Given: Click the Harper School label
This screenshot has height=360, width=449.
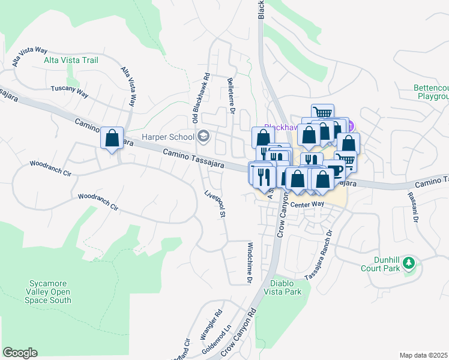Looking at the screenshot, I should coord(167,136).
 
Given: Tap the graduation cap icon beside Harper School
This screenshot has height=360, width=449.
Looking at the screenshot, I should coord(204,136).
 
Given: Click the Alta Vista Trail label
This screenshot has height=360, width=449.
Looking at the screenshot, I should coord(71,60).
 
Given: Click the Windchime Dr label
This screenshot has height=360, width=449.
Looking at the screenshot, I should coord(250,262).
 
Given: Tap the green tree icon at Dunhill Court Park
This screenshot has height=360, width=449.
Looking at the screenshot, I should coord(409,263).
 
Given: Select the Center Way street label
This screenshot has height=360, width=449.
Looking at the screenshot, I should coord(307,205).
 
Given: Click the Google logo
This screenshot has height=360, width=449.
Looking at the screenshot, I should coord(20,353).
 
